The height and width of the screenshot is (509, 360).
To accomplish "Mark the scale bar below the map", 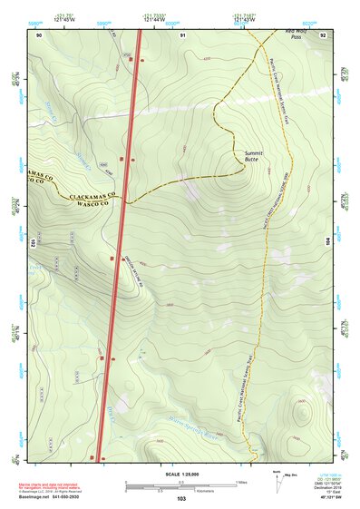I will click(180, 486).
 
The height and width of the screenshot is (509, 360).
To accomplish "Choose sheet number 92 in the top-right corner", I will click(322, 35).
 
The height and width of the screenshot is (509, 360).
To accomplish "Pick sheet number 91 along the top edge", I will click(182, 35).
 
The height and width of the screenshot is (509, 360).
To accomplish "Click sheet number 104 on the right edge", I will click(327, 243).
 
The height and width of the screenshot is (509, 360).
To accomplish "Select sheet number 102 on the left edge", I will click(33, 243).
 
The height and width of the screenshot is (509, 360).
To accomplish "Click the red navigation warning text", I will click(56, 478).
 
